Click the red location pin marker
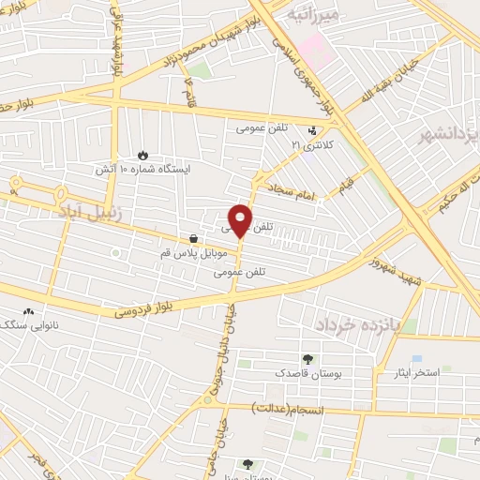240,219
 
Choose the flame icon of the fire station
142,156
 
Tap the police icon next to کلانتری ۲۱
313,129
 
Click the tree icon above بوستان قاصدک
307,358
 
